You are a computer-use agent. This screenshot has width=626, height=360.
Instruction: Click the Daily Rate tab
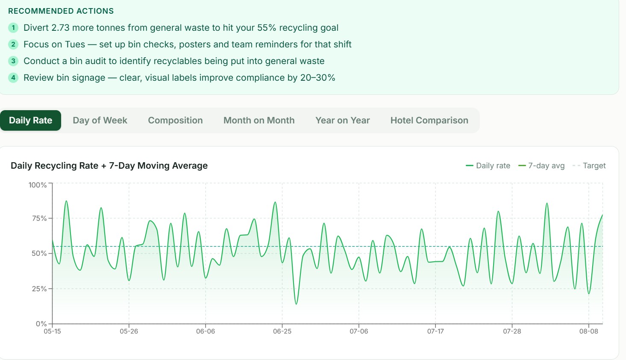[30, 120]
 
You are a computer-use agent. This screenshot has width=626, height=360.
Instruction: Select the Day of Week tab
[100, 120]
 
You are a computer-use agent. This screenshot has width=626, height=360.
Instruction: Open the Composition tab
[175, 120]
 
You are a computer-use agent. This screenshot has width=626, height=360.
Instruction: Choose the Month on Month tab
[259, 120]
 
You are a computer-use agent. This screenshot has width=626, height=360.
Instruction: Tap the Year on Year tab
[343, 120]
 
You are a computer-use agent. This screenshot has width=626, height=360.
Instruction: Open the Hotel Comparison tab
[429, 120]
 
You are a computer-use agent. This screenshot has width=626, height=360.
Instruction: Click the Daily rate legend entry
[488, 166]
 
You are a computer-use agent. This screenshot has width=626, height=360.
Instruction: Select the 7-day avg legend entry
[541, 166]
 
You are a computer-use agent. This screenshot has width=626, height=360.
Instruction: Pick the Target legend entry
[589, 166]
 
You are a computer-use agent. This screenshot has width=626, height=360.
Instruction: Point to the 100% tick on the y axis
[38, 185]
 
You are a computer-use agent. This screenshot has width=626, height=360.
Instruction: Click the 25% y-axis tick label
[39, 289]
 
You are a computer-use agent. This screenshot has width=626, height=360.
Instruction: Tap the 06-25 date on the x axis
[282, 331]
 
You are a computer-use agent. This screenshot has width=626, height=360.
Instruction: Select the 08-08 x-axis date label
[588, 331]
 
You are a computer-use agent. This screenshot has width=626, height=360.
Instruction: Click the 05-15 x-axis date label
[52, 331]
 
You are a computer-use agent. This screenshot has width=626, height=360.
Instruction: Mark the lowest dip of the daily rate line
[296, 304]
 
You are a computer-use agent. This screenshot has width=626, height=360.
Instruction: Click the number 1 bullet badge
[13, 28]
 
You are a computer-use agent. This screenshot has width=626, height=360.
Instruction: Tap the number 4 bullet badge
[13, 78]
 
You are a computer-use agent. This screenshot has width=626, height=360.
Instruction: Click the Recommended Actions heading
[61, 11]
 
